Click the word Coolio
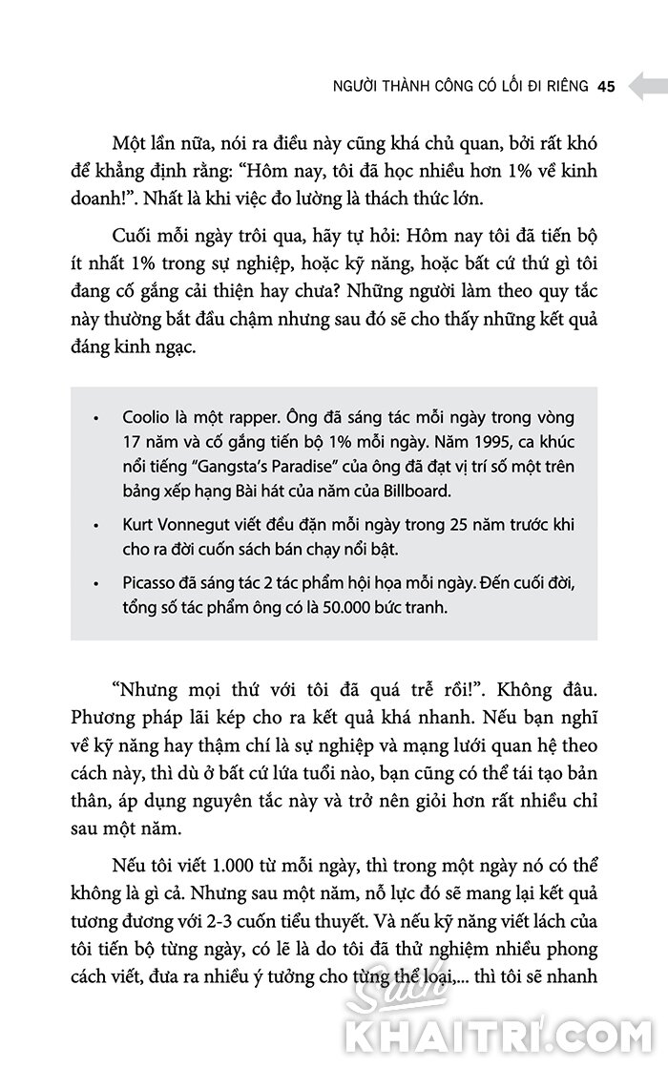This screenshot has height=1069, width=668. [147, 418]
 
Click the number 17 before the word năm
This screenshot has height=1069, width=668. [134, 443]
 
